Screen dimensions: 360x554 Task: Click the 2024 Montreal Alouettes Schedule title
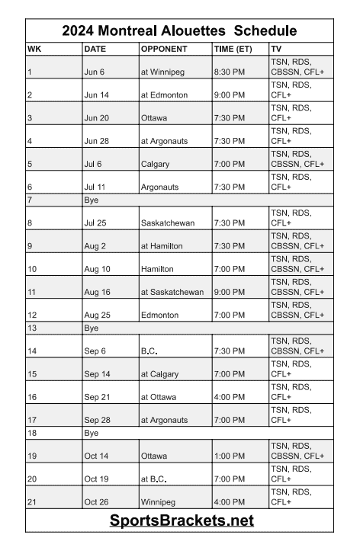click(180, 31)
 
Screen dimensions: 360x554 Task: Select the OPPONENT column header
click(162, 49)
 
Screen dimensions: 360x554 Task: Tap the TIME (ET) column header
click(231, 49)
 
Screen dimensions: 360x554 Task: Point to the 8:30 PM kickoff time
click(230, 72)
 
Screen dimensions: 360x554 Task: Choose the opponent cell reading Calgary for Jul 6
click(156, 164)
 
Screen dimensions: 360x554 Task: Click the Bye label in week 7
click(92, 200)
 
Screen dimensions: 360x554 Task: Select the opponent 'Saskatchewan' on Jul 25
click(168, 223)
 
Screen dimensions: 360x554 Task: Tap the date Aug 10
click(98, 269)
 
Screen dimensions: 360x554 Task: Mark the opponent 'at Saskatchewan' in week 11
click(172, 292)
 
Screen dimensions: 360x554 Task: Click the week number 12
click(32, 315)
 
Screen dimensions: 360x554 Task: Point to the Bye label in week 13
click(92, 328)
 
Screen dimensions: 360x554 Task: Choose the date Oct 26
click(98, 502)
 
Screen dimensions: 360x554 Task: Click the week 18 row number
click(32, 433)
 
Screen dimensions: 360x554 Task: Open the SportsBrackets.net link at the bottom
click(180, 521)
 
